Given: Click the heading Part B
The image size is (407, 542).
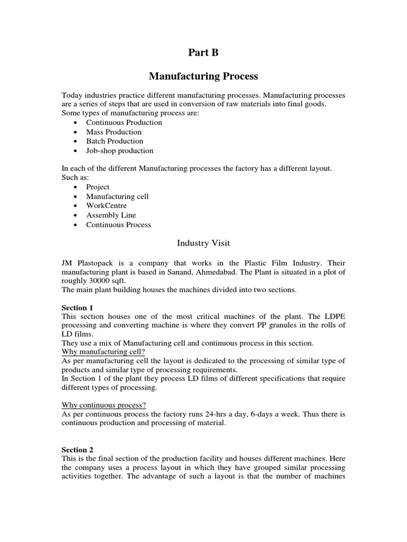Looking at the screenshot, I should (x=203, y=52).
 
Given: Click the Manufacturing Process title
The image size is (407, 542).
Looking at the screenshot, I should (x=203, y=76).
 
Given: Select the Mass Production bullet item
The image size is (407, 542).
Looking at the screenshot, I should (x=114, y=132).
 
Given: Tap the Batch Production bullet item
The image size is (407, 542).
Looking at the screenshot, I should (x=114, y=141).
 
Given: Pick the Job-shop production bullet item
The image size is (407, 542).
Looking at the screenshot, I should (x=120, y=151).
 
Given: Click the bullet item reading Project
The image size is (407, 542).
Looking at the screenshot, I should (x=98, y=187).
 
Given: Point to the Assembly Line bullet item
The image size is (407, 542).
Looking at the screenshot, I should (x=111, y=215).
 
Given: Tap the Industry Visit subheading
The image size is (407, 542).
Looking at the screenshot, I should (x=203, y=243).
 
